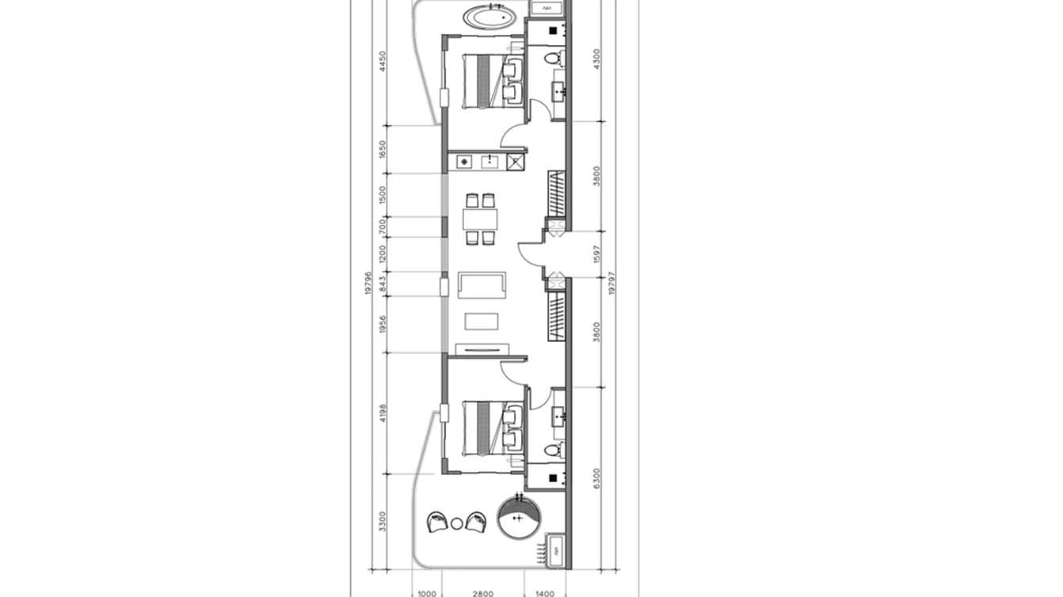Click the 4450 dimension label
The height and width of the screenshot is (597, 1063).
click(x=383, y=62)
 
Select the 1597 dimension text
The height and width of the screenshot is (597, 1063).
click(x=596, y=254)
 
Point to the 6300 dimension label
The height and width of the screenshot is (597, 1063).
click(x=596, y=477)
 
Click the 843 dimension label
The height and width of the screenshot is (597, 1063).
click(x=383, y=284)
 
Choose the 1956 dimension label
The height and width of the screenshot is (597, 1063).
click(x=383, y=325)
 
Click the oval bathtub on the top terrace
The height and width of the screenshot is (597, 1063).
click(x=490, y=17)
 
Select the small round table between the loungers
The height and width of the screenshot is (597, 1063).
click(x=456, y=523)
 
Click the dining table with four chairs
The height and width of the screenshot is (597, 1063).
click(x=480, y=218)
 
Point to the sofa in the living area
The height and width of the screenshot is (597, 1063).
click(x=482, y=286)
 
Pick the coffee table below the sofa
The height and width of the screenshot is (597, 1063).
click(x=482, y=321)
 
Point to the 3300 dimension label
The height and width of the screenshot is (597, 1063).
click(x=383, y=521)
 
